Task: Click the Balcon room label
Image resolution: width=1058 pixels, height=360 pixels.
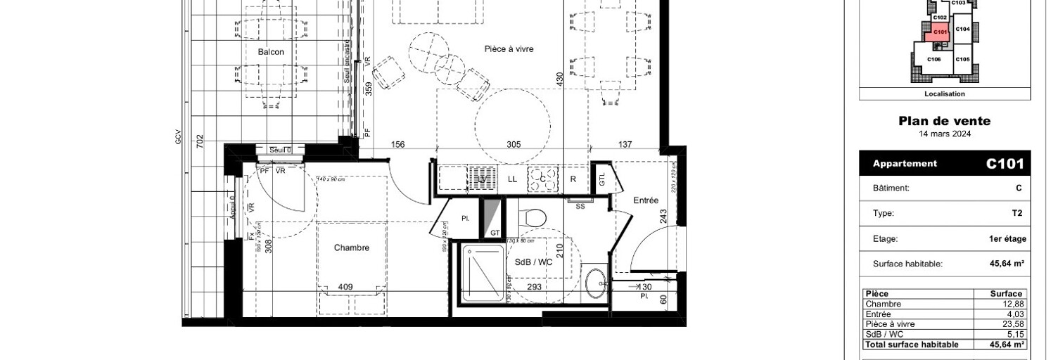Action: [x=271, y=52]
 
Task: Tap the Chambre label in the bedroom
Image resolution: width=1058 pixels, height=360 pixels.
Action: [x=351, y=247]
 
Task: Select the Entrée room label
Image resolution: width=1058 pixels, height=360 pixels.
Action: [x=645, y=200]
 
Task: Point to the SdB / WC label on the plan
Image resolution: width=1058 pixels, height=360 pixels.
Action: [x=533, y=262]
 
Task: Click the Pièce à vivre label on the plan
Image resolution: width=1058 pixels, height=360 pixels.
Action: [x=509, y=49]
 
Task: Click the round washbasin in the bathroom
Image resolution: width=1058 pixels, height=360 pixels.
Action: [x=596, y=281]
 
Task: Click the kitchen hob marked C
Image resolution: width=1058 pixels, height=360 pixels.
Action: [x=542, y=179]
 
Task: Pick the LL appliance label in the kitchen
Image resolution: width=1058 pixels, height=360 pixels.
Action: [x=512, y=179]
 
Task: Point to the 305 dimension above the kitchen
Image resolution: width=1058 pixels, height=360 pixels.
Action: [x=514, y=144]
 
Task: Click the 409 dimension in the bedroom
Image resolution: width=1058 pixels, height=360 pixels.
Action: [x=345, y=287]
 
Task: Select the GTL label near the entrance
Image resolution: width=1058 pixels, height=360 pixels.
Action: [x=602, y=179]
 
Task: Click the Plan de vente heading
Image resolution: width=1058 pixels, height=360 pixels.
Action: [x=944, y=121]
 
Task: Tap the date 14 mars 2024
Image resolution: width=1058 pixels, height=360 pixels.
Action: [x=944, y=134]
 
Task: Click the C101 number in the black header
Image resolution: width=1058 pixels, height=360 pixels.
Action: [x=1005, y=164]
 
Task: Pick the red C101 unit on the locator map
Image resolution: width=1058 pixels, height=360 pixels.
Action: [x=939, y=31]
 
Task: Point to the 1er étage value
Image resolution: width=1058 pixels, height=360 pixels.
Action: [x=1007, y=239]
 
